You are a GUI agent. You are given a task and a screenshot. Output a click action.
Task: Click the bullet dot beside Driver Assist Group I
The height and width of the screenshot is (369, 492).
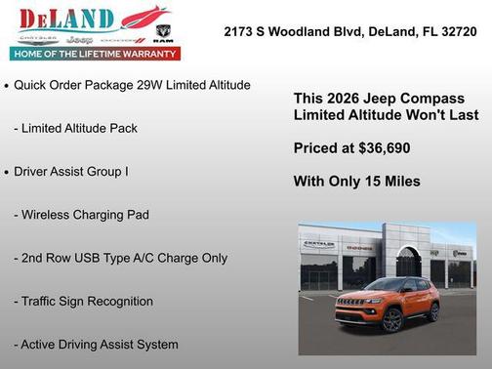point(7,172)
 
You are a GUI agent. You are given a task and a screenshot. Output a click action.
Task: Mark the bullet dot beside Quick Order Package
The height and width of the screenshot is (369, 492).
point(7,86)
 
